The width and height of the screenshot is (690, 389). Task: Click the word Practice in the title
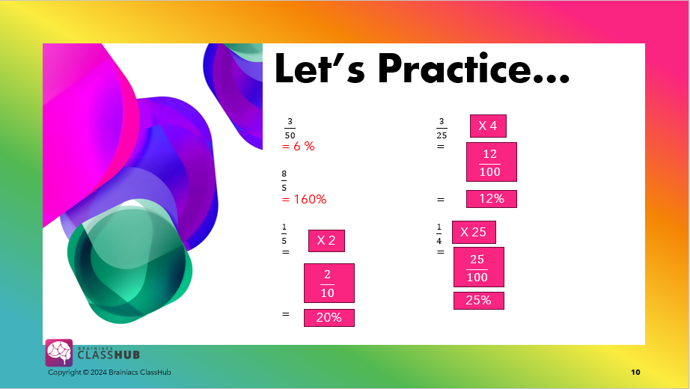coord(474,68)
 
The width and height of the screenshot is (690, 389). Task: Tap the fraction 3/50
coord(290,128)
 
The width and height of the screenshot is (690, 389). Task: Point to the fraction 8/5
coord(284,181)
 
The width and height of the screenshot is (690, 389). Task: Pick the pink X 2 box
coord(326,241)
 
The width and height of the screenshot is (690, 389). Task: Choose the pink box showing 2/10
coord(329,283)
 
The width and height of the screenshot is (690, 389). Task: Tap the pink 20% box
coord(329,318)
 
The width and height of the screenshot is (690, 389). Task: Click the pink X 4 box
coord(488,126)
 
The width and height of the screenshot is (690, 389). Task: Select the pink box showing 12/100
coord(492,162)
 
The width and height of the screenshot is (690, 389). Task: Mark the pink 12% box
coord(492,199)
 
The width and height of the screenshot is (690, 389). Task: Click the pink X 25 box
coord(474,233)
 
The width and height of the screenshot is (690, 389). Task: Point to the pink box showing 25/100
coord(479,267)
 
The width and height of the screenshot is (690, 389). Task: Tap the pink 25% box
coord(479,301)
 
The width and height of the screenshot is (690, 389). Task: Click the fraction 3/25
coord(442,128)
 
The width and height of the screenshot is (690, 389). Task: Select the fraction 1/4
coord(439,233)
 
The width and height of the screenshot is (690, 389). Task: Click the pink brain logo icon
coord(59,352)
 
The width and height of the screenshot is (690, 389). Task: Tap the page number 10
coord(635,373)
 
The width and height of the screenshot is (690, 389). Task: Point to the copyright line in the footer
coord(109,373)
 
